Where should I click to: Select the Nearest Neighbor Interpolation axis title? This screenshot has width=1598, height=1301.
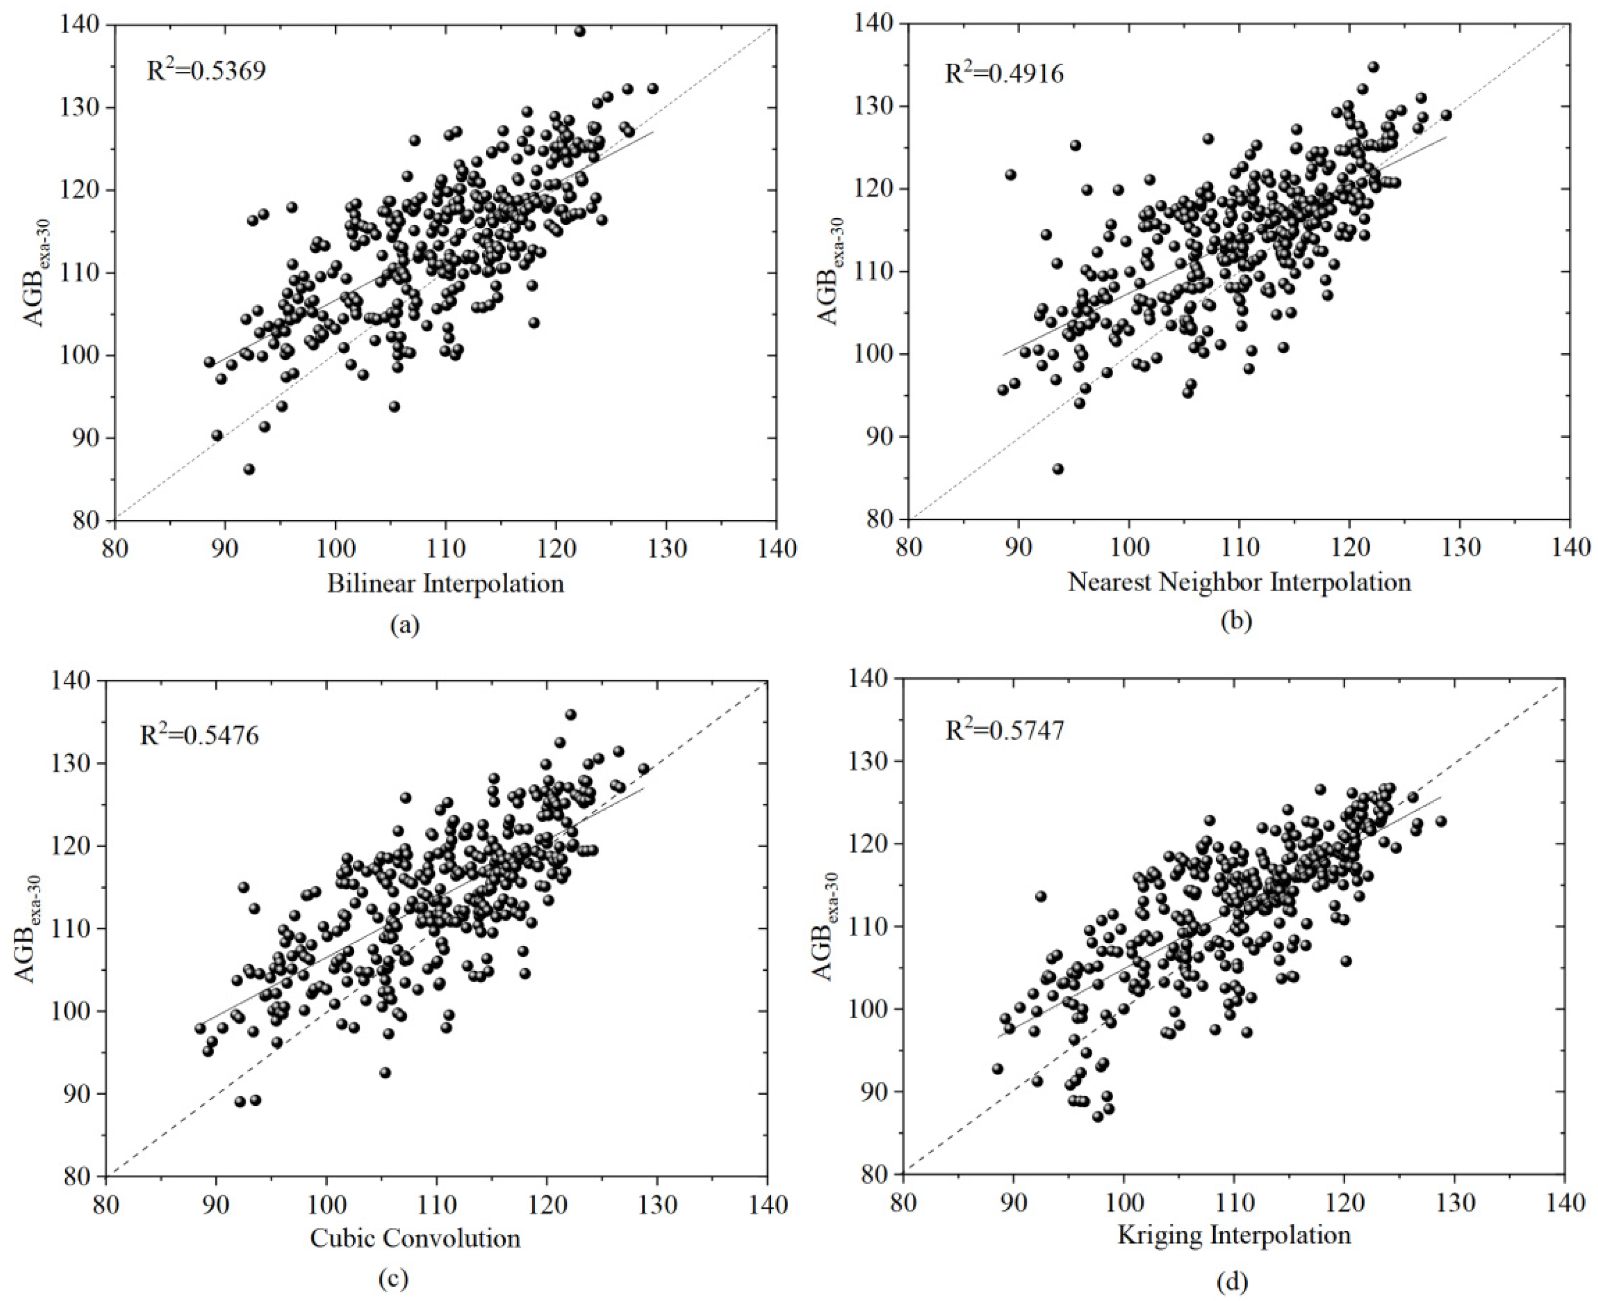pos(1239,581)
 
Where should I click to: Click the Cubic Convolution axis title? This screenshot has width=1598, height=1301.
pos(415,1238)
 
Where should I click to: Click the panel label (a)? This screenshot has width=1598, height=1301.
pos(406,625)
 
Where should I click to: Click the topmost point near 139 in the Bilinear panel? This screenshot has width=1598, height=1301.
pos(580,32)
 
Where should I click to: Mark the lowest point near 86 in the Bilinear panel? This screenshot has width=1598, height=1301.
pos(249,469)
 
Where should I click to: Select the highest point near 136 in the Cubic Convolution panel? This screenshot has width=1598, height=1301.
pos(570,714)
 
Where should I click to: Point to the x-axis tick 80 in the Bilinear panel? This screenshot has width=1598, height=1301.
pos(114,548)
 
